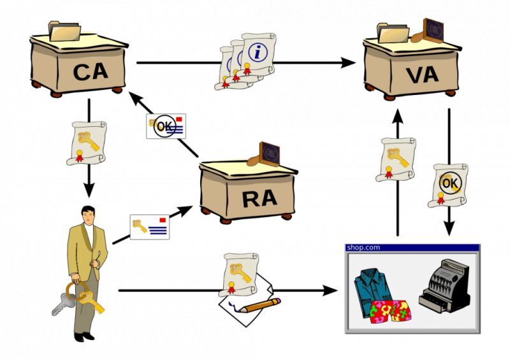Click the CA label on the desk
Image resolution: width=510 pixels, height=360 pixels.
91,72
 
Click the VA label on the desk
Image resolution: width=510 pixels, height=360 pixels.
421,75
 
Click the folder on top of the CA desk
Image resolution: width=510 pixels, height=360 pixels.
64,31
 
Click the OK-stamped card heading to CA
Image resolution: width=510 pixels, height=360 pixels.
166,126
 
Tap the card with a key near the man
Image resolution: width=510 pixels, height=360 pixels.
149,227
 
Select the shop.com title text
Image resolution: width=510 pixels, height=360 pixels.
363,247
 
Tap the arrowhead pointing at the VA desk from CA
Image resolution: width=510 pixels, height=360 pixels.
349,62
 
